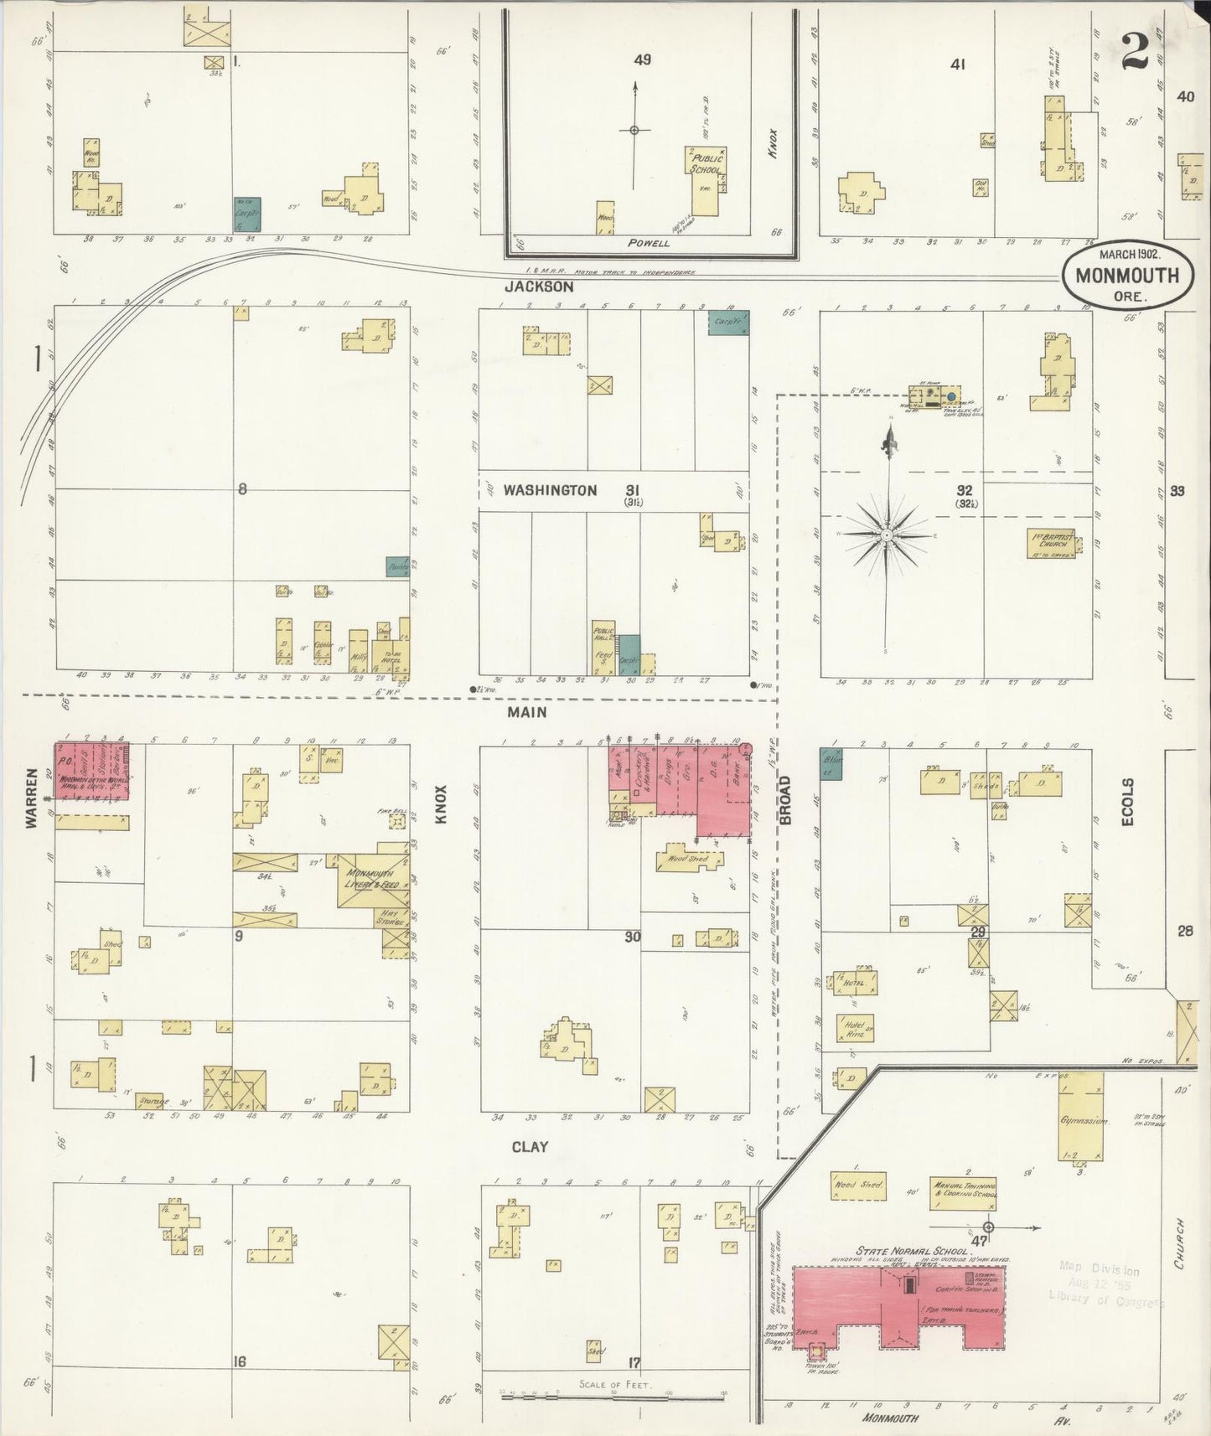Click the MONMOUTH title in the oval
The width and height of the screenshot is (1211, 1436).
click(1126, 276)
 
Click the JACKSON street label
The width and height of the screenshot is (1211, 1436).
click(539, 287)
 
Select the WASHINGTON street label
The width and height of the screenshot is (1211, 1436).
click(550, 490)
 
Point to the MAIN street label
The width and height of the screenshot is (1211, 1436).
click(526, 711)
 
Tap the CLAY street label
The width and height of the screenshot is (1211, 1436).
click(530, 1146)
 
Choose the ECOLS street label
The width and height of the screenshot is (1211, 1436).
click(1127, 802)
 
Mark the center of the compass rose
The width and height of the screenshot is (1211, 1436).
click(886, 534)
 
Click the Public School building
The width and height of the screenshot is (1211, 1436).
click(703, 181)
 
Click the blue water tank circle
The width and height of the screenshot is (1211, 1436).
click(951, 395)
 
